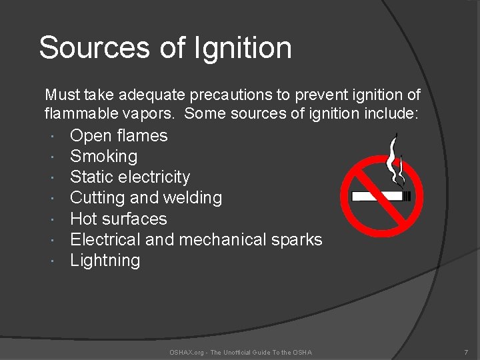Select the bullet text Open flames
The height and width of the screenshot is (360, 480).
click(119, 136)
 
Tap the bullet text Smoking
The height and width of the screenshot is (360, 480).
click(103, 157)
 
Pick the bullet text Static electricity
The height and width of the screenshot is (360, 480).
click(130, 177)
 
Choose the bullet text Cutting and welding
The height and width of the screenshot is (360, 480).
click(146, 198)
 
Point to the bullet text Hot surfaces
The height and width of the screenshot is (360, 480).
click(118, 219)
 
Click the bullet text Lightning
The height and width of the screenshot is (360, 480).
click(105, 260)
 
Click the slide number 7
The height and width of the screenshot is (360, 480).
click(466, 352)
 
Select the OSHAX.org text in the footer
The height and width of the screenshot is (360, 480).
click(187, 352)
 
